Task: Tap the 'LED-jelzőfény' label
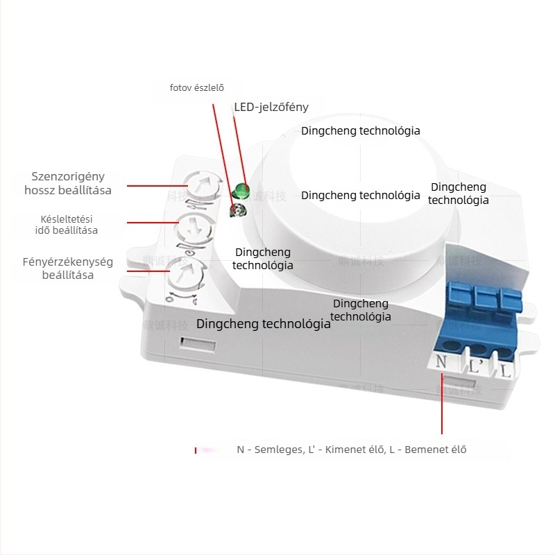click(271, 107)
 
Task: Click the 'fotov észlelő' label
click(197, 87)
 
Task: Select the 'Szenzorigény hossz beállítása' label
click(68, 183)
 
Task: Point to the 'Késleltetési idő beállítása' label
click(67, 224)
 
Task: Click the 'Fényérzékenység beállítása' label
click(67, 268)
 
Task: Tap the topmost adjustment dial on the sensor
click(202, 186)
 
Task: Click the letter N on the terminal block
click(442, 362)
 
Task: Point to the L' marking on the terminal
click(476, 366)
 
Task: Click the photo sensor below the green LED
click(237, 210)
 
